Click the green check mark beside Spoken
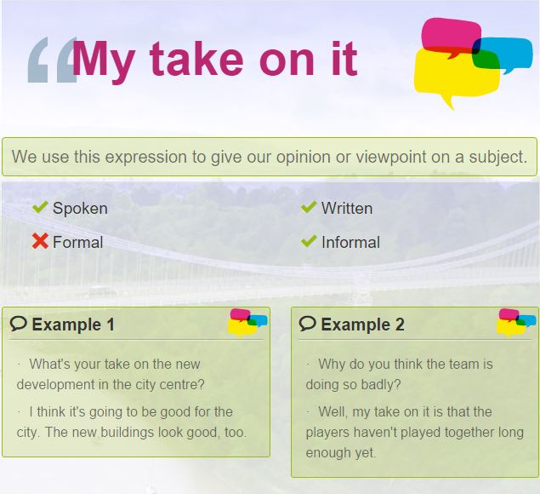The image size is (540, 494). tap(40, 207)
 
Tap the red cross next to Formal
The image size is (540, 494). tap(40, 241)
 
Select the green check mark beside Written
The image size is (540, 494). tap(309, 207)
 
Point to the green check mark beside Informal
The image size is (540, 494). tap(309, 241)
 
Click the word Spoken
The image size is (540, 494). tap(80, 209)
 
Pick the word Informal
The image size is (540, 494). tap(350, 242)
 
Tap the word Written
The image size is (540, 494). tap(347, 209)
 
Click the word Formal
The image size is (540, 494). tap(78, 242)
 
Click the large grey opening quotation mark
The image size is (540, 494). tap(52, 60)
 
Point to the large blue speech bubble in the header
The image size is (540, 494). tap(506, 54)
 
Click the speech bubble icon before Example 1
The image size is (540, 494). tap(18, 324)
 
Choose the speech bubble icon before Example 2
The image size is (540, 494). tap(308, 324)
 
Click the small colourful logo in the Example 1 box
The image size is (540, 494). tap(247, 322)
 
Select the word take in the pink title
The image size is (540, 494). tap(196, 59)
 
